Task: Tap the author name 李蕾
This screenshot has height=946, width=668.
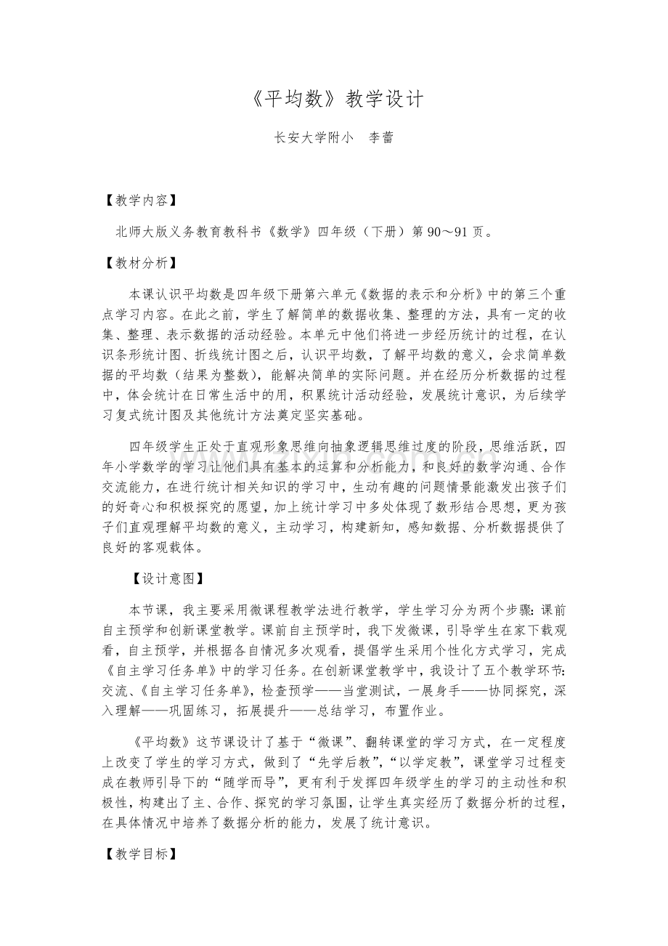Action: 381,138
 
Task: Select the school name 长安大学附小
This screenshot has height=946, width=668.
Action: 308,138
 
